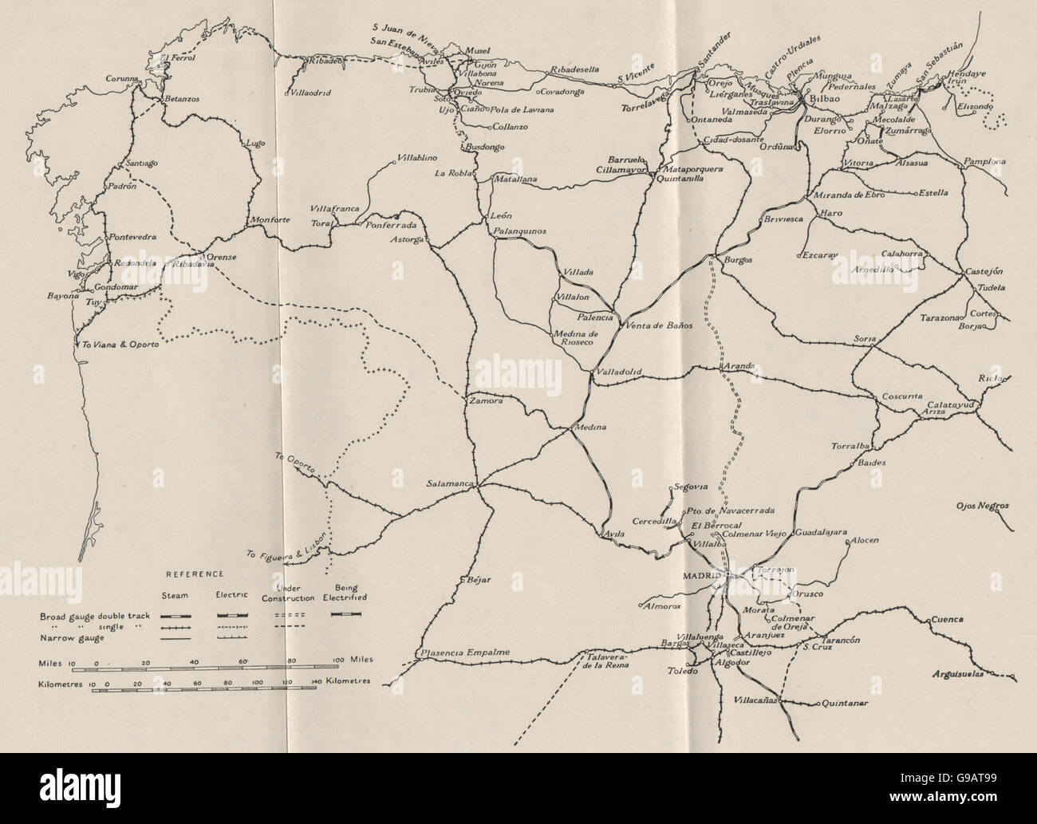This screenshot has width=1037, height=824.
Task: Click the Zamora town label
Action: (487, 401)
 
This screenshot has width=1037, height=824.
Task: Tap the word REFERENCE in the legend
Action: (195, 574)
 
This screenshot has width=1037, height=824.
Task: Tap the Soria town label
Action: (865, 339)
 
